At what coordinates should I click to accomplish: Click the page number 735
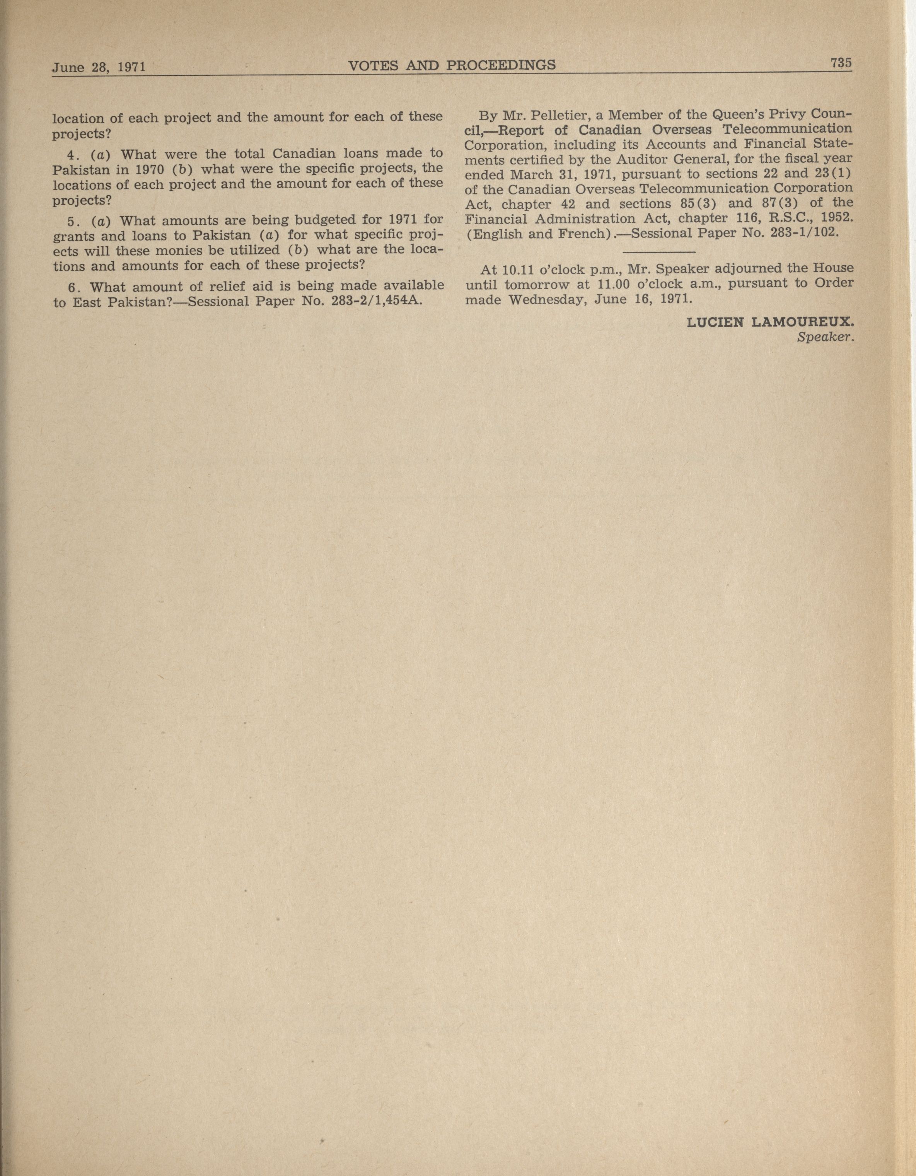tap(841, 63)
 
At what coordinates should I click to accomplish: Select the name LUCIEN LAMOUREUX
tap(770, 323)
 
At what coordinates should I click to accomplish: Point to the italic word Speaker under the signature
tap(827, 338)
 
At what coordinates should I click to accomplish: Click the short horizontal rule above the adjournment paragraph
tap(658, 251)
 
